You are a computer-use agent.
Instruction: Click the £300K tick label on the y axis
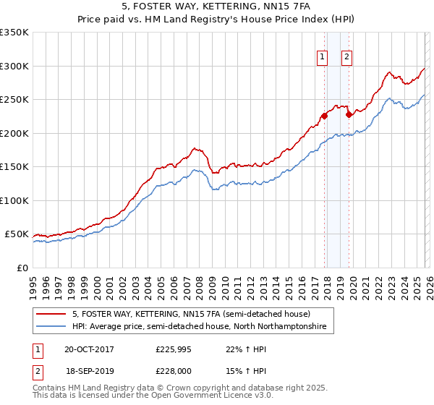point(14,66)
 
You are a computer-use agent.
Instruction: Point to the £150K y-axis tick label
point(14,166)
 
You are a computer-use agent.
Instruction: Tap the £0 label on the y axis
point(22,268)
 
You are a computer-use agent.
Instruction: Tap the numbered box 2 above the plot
point(347,57)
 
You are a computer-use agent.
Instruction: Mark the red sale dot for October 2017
point(324,116)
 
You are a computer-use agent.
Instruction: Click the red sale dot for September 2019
point(349,114)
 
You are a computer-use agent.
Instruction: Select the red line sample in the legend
point(51,314)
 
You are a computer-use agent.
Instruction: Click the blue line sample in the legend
point(51,327)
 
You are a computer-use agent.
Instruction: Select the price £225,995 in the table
point(174,349)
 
